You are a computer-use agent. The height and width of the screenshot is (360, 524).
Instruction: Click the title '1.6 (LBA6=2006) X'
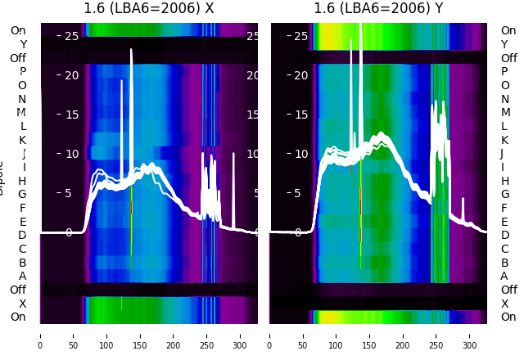tap(149, 9)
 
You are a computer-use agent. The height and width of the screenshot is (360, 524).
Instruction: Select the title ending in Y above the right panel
tap(379, 9)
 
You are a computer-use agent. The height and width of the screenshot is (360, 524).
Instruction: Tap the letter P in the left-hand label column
tap(22, 72)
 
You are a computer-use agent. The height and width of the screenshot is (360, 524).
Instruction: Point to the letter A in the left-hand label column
tap(22, 277)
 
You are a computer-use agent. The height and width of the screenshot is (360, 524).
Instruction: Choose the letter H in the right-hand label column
tap(504, 181)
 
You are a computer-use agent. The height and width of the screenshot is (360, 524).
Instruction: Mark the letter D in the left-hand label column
tap(22, 236)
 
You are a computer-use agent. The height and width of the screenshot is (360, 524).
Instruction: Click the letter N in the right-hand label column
tap(504, 99)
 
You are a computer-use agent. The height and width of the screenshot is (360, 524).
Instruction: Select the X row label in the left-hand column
tap(22, 304)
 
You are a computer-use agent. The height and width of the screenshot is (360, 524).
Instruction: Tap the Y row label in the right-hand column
tap(504, 44)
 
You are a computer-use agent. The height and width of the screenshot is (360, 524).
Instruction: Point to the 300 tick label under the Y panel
tap(470, 346)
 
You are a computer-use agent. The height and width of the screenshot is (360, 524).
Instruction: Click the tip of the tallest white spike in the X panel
tap(131, 50)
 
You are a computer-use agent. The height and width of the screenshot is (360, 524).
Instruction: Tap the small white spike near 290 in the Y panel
tap(463, 199)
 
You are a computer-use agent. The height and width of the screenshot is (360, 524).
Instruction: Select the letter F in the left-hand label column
tap(22, 208)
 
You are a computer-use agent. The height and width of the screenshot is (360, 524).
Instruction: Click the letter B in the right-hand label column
tap(504, 263)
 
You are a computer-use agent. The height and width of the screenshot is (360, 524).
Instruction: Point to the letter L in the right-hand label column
tap(504, 126)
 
